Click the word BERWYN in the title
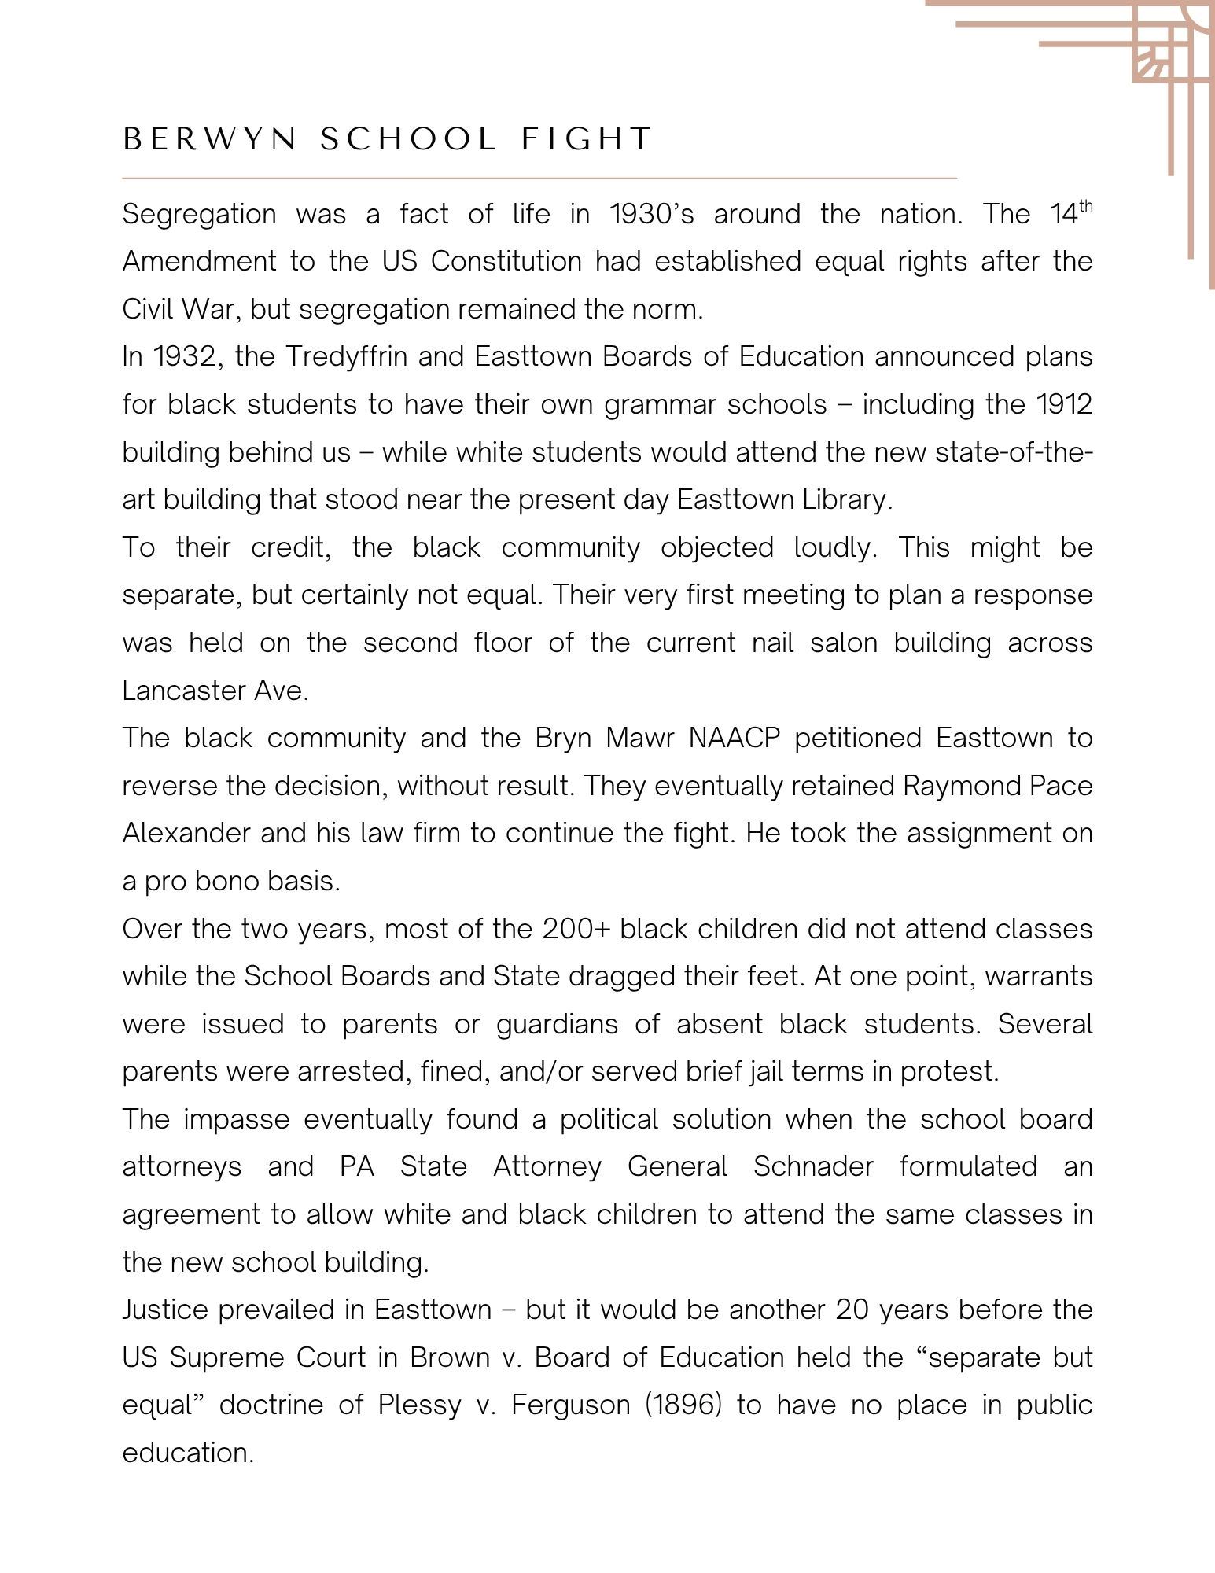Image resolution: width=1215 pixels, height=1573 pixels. point(210,139)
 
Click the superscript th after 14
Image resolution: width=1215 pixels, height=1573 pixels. point(1085,206)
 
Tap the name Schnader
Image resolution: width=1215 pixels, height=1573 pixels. point(813,1166)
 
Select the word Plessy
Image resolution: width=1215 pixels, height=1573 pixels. point(419,1405)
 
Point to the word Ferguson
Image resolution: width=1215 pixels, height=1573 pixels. point(570,1405)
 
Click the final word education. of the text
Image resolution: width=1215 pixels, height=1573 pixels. point(188,1453)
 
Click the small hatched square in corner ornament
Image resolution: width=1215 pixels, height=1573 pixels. point(1152,63)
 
